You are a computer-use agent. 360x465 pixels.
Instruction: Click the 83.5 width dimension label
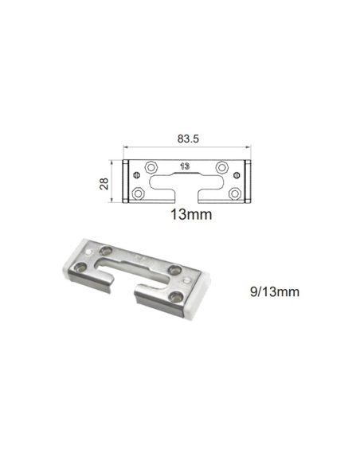coord(186,138)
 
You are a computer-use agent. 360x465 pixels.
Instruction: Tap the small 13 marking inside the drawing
coord(185,167)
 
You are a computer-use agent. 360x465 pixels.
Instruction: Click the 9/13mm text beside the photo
coord(274,292)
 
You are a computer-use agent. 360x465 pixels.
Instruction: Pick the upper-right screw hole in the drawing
coord(223,167)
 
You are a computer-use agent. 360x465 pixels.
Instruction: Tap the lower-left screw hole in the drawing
coord(139,193)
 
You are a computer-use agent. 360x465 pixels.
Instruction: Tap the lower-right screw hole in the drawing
coord(234,193)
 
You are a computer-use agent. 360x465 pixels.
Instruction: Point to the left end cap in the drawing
coord(126,182)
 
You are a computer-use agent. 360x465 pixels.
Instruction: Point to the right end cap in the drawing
coord(248,182)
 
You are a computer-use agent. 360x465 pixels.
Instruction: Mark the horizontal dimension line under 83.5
coord(186,148)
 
